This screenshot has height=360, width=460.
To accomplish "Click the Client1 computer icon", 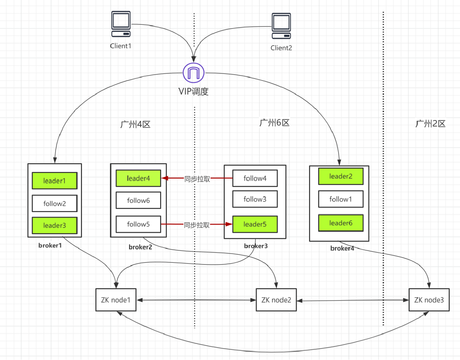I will [121, 24].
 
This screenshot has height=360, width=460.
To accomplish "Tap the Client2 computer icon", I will [281, 26].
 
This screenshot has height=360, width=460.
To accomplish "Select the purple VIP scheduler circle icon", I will [194, 73].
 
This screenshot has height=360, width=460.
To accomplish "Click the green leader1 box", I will [55, 181].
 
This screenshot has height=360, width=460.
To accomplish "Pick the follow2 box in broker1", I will [55, 204].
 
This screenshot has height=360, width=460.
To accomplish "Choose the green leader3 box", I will [55, 225].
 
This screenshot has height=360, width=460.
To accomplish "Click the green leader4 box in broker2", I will [138, 178].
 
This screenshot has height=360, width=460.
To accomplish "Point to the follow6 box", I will [138, 200].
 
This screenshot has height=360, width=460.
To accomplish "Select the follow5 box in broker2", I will [138, 224].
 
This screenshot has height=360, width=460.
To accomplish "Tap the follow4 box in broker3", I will [255, 178].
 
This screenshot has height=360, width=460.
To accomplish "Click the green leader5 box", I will [255, 224].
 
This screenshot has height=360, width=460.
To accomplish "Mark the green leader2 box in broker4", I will [341, 176].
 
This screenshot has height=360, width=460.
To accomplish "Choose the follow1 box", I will [341, 199].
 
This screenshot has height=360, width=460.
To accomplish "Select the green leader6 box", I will [341, 223].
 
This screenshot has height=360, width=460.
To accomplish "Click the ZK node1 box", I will [116, 300].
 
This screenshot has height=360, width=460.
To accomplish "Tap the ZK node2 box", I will [276, 300].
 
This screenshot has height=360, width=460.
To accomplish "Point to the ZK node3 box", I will [429, 300].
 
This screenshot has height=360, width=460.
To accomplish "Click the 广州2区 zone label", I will [430, 124].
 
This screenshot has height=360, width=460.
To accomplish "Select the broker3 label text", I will [256, 246].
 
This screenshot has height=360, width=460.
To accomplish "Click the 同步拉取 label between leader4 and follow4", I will [197, 179].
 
